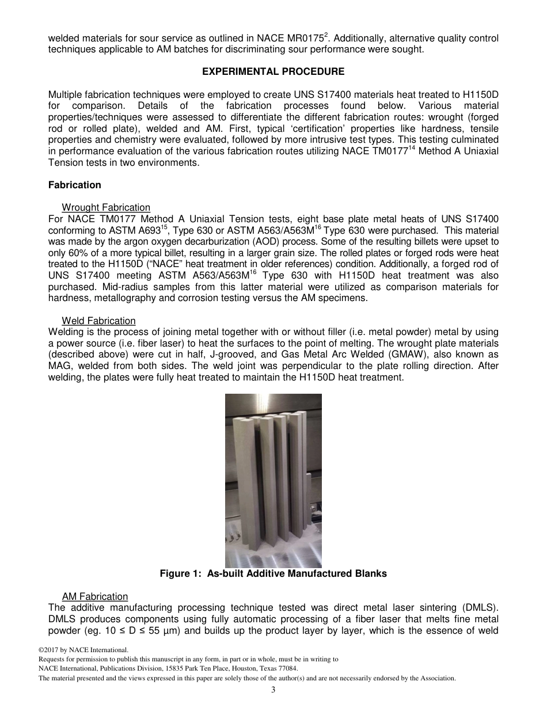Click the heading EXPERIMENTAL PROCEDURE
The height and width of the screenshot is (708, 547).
tap(273, 72)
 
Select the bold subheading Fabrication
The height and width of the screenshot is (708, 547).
tap(74, 185)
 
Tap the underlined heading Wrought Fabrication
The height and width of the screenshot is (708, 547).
tap(106, 207)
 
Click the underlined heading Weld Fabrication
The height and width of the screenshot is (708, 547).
tap(98, 321)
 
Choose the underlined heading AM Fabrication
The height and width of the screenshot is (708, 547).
tap(95, 596)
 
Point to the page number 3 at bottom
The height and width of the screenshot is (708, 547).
tap(273, 690)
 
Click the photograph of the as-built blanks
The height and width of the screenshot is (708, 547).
tap(273, 480)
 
